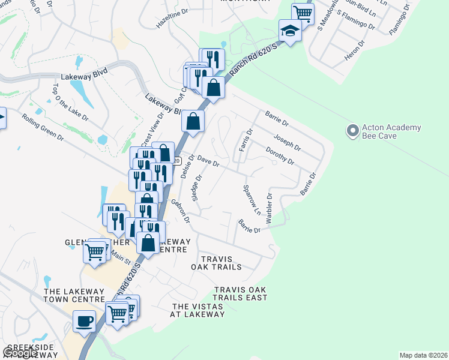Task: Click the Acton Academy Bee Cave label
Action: (x=392, y=132)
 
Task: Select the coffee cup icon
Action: (x=84, y=320)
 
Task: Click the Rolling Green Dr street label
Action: (x=44, y=127)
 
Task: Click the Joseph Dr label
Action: (x=287, y=142)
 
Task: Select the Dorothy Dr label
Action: (x=280, y=157)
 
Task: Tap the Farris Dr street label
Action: (x=245, y=140)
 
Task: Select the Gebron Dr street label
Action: (x=180, y=211)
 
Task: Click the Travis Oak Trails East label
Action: (x=240, y=293)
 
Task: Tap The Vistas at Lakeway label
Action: (x=197, y=310)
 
